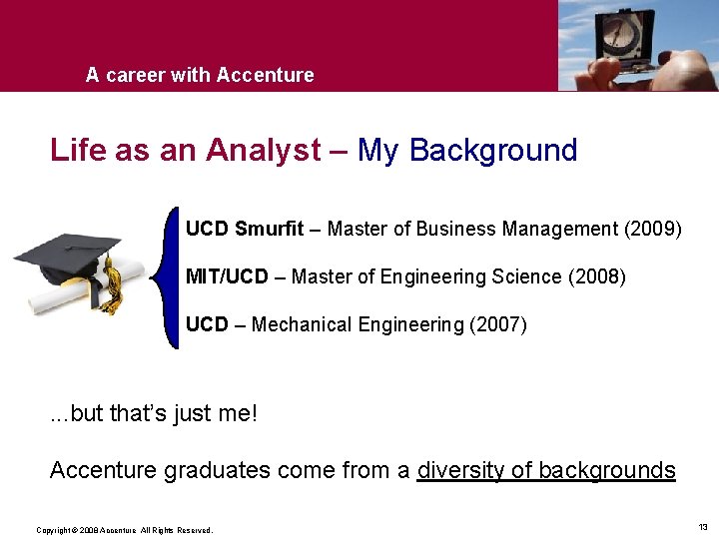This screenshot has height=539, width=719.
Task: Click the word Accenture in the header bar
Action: click(265, 75)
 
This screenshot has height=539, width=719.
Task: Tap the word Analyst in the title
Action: click(264, 151)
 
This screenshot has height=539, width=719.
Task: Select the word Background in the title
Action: click(492, 151)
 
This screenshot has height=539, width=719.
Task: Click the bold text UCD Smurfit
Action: click(244, 229)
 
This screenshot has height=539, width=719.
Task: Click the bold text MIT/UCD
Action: click(227, 276)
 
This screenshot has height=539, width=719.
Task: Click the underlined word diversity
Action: click(459, 470)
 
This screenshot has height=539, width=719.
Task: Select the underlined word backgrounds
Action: click(606, 470)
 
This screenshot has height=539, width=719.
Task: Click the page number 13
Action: click(703, 526)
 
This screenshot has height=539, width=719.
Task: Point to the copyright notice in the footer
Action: click(124, 530)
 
